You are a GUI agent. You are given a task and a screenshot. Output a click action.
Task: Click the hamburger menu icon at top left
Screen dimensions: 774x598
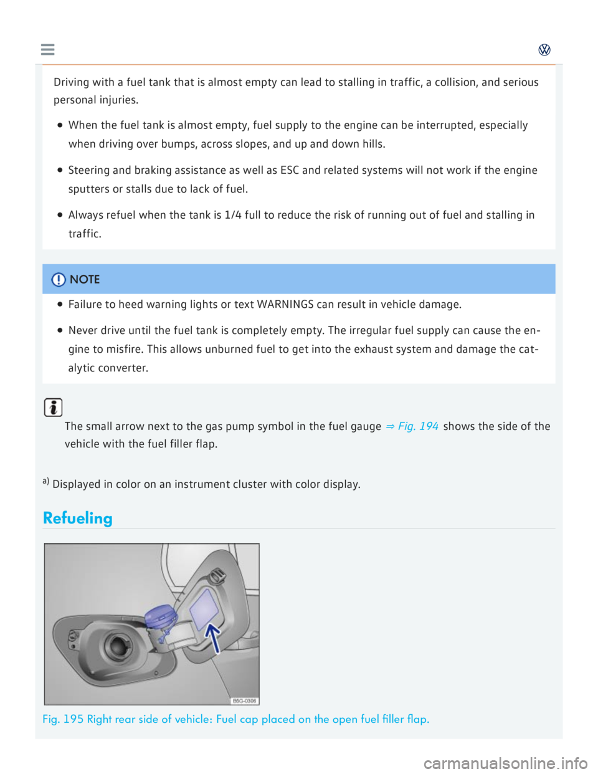(47, 49)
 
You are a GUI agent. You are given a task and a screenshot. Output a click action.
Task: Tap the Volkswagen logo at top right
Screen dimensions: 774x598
(544, 50)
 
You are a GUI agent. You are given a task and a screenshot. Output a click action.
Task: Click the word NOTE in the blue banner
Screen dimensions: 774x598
(85, 279)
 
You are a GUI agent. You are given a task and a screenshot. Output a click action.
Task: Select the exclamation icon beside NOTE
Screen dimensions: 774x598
(59, 280)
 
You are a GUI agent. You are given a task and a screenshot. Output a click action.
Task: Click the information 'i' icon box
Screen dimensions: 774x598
(54, 408)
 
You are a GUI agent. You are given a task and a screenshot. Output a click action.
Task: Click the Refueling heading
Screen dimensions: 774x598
(78, 518)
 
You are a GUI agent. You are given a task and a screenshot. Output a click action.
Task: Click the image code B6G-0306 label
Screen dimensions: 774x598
(244, 700)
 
